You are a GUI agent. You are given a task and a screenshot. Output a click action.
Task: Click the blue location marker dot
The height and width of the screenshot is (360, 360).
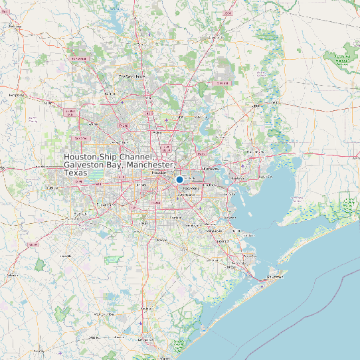(179, 179)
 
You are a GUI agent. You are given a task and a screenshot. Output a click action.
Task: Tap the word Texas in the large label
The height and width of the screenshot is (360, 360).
(76, 173)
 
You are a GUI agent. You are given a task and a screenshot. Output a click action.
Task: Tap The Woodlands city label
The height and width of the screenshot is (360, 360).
(132, 76)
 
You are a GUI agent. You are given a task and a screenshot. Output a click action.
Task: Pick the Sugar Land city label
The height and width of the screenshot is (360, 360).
(106, 205)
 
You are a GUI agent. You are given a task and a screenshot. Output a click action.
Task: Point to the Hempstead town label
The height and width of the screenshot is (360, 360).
(16, 95)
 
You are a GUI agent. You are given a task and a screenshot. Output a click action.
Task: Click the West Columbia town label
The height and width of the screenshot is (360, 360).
(104, 314)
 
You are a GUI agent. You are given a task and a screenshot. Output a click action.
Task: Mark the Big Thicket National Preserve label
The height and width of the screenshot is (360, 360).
(343, 57)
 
